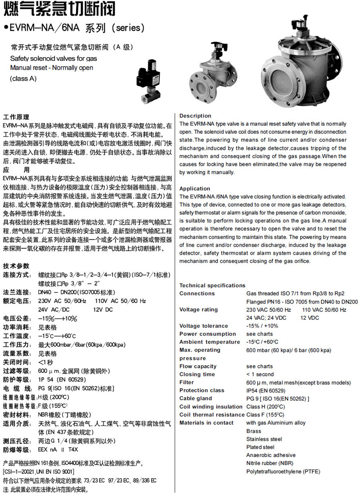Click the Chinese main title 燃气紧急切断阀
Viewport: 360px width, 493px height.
58,9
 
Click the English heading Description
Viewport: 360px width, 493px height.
195,116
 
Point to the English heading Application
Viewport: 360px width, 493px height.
195,189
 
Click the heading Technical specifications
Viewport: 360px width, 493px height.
212,285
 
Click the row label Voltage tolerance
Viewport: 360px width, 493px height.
203,326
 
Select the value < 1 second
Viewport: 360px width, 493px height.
260,375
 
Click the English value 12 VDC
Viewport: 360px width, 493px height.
310,318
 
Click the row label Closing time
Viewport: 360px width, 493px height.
197,375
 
